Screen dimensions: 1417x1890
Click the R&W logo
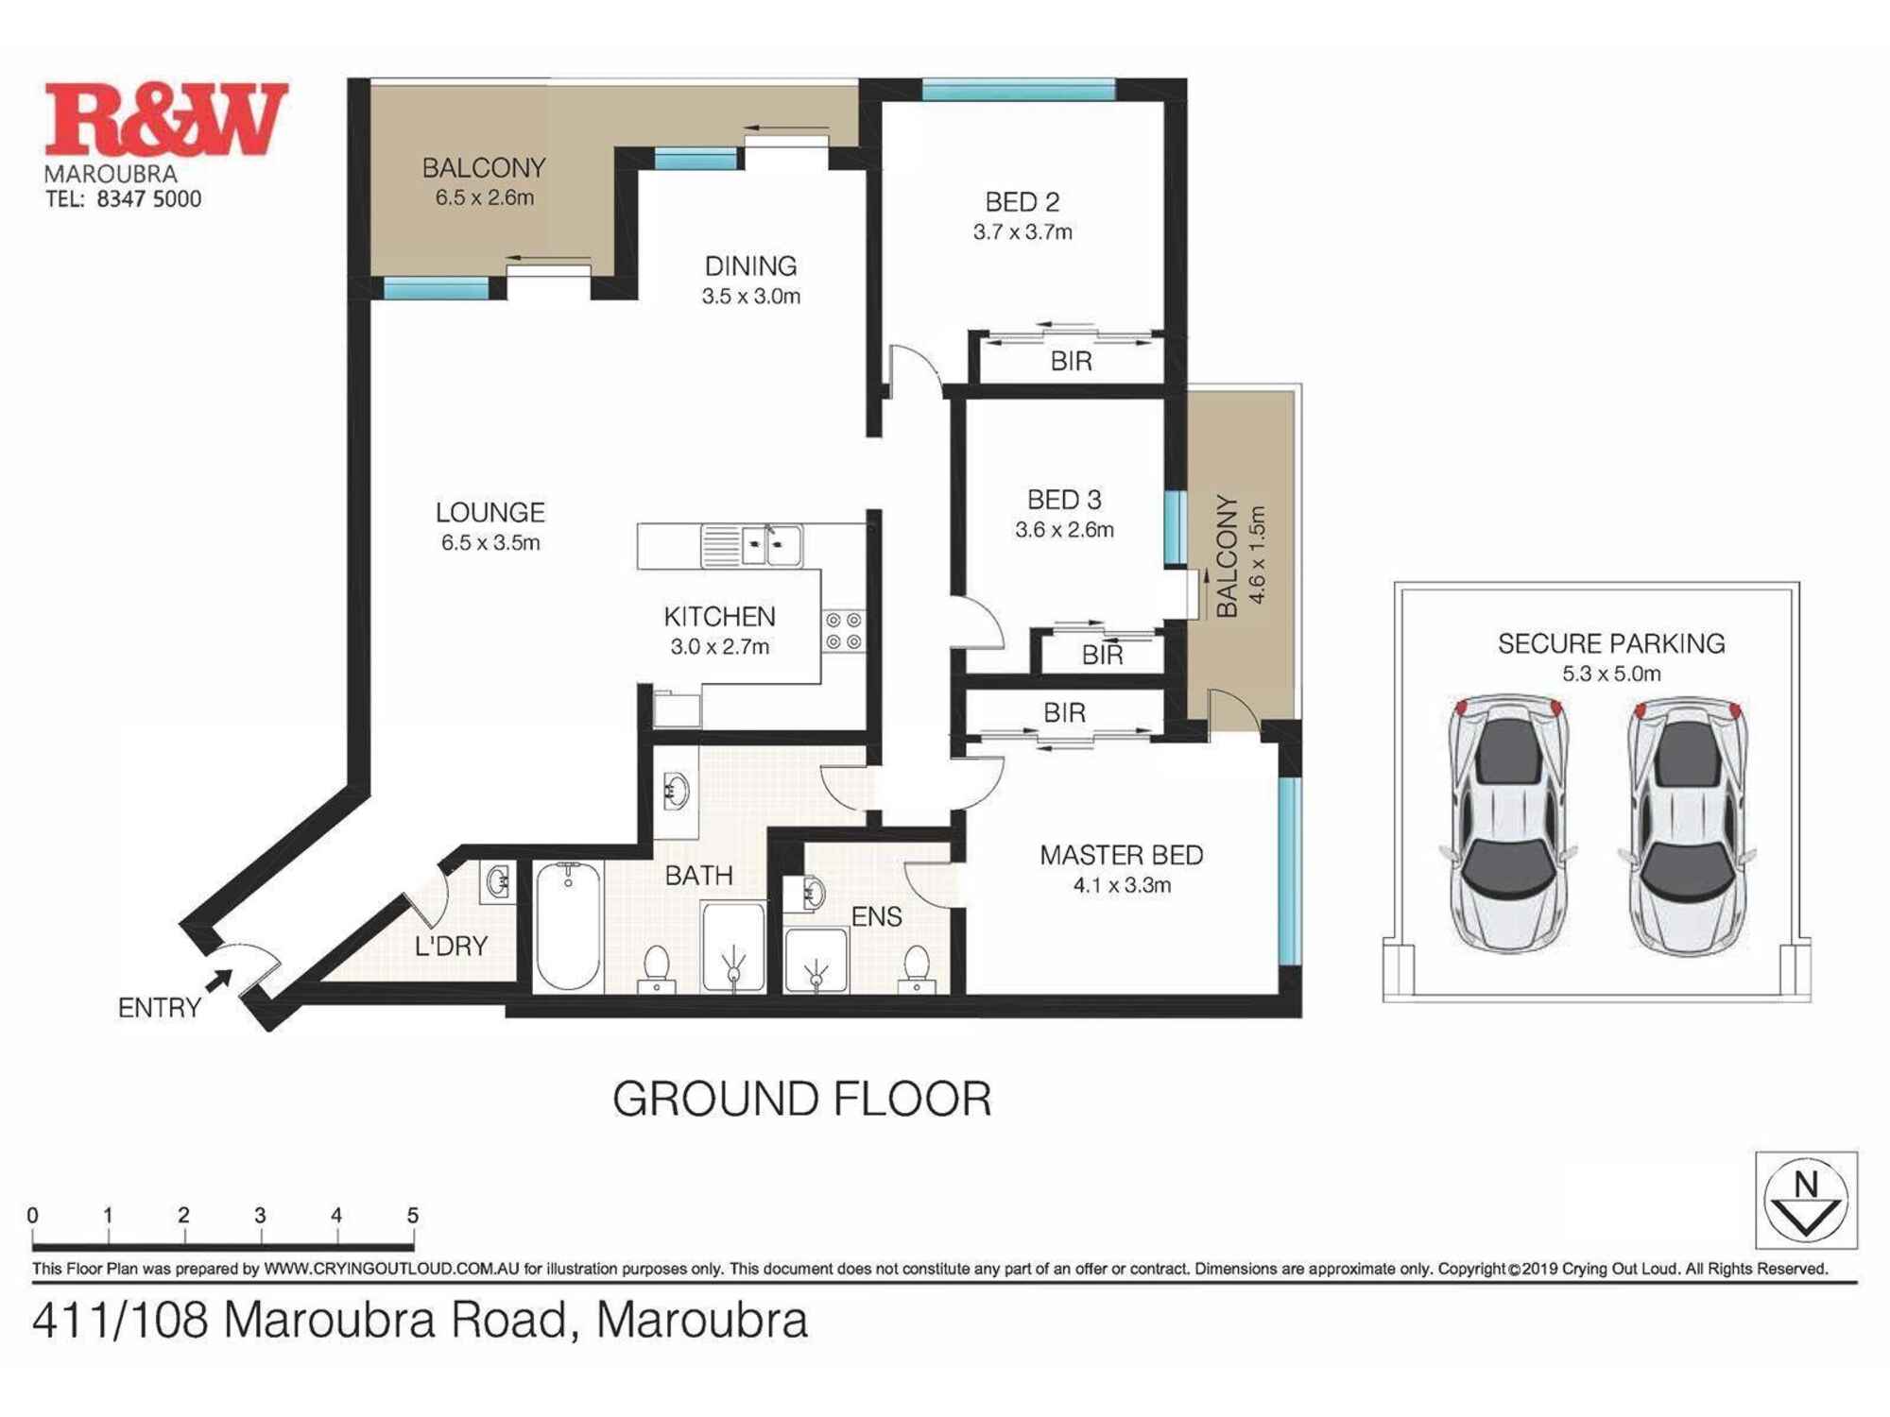166,119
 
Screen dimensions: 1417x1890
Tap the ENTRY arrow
219,981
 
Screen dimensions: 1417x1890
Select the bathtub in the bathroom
568,926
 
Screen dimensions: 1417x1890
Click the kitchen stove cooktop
843,631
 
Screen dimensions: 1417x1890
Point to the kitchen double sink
771,546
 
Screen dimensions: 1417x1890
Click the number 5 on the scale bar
412,1216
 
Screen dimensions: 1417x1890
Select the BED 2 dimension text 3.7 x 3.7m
1022,232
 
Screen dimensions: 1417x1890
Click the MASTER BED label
1121,855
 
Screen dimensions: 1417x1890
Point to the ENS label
876,916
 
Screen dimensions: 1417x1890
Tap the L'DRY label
451,946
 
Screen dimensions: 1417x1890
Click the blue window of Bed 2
1018,91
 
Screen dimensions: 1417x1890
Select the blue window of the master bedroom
1290,870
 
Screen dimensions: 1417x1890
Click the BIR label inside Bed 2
1071,361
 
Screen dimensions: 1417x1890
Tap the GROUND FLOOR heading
801,1099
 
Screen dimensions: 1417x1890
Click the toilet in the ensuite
916,967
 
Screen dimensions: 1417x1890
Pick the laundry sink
498,882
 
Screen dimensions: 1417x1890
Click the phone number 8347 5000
148,199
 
